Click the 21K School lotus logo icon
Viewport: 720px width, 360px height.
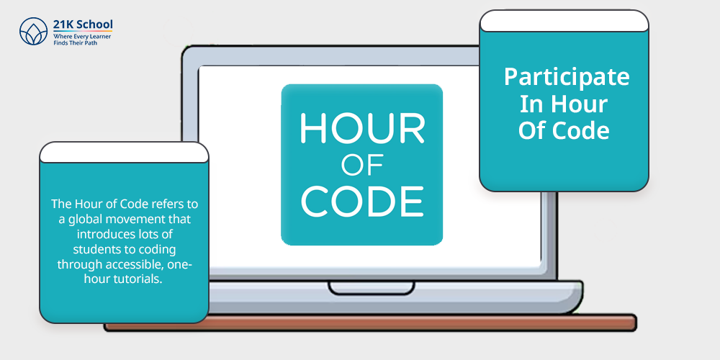[x=34, y=31]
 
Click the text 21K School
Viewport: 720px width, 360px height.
[x=83, y=24]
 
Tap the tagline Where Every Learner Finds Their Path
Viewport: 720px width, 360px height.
[x=82, y=39]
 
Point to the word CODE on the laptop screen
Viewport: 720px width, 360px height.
[x=362, y=201]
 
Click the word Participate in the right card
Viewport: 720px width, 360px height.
[x=567, y=77]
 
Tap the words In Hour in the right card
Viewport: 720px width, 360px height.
[x=564, y=104]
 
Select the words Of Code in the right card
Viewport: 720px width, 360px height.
[x=564, y=130]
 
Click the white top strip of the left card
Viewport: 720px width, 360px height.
[x=124, y=153]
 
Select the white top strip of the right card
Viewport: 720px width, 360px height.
[x=564, y=21]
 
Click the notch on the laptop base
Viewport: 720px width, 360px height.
[x=371, y=288]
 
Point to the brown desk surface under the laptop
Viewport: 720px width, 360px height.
[x=370, y=323]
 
